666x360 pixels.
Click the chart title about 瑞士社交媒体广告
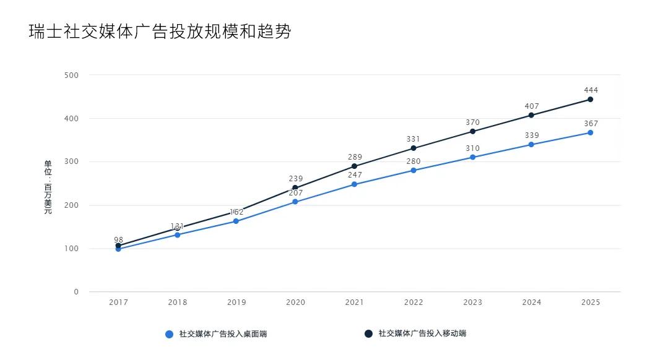click(x=160, y=32)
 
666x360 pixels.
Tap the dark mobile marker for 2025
click(x=590, y=100)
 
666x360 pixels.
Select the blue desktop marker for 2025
click(x=590, y=132)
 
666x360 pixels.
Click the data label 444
click(x=590, y=90)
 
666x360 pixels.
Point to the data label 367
click(x=590, y=124)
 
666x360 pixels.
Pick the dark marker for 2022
click(x=413, y=148)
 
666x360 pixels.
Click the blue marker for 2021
click(x=355, y=184)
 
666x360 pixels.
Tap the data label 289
click(x=355, y=157)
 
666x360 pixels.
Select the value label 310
click(x=472, y=148)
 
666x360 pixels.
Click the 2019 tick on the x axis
click(x=236, y=302)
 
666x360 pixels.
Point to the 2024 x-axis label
click(x=531, y=302)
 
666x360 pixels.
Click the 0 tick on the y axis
click(x=76, y=292)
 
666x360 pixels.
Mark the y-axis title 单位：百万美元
click(x=48, y=187)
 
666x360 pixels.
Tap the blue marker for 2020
click(x=295, y=202)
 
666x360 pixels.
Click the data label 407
click(x=531, y=106)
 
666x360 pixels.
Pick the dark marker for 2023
click(x=472, y=131)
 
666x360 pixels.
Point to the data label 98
click(x=118, y=239)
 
